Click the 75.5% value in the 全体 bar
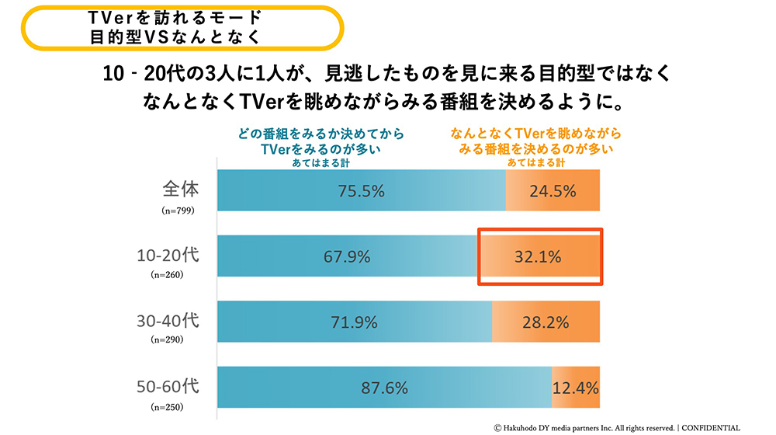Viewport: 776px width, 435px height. click(360, 191)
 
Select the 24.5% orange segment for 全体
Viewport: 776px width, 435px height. click(553, 191)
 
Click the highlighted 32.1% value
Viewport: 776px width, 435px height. click(539, 256)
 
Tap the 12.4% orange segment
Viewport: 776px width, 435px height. click(576, 387)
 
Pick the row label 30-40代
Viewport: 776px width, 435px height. click(168, 319)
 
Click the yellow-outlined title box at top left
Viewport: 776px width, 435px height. click(181, 28)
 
